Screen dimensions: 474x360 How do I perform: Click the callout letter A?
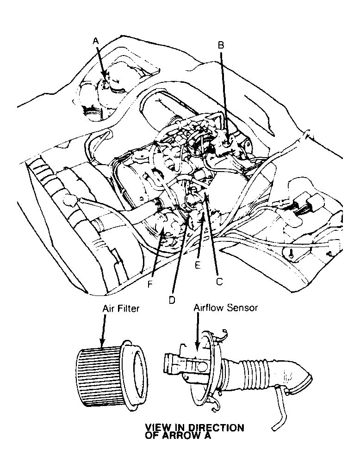click(96, 41)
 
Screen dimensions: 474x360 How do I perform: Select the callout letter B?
click(221, 45)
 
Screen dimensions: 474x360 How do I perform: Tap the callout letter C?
click(219, 281)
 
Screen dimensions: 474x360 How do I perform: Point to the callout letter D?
click(172, 299)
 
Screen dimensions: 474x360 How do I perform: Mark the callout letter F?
click(150, 284)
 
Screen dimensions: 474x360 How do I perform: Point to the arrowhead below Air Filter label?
click(101, 345)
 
